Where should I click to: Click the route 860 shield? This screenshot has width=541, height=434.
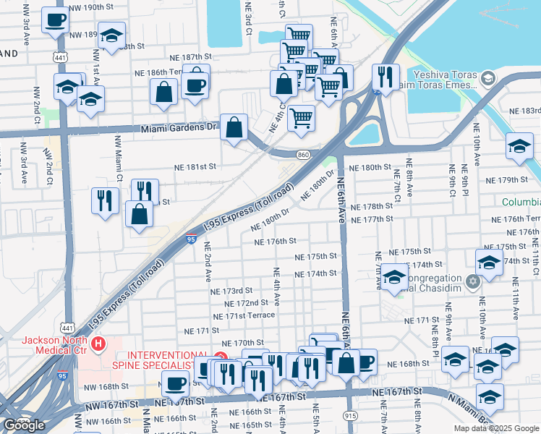304,155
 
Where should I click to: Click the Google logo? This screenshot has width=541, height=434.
23,425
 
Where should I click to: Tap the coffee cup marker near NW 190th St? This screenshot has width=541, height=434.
55,21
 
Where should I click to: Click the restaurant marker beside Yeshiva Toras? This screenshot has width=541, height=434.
384,77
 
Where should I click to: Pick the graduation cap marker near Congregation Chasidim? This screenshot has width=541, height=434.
394,278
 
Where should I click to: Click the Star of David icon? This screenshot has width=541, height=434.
473,281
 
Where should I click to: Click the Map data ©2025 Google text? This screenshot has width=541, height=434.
495,427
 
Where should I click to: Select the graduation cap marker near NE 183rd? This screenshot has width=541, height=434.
519,147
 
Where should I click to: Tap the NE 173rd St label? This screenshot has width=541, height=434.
231,290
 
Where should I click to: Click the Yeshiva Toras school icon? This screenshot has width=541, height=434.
489,77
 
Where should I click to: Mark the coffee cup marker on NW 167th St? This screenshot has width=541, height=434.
175,384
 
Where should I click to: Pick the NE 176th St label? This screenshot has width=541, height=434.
276,241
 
